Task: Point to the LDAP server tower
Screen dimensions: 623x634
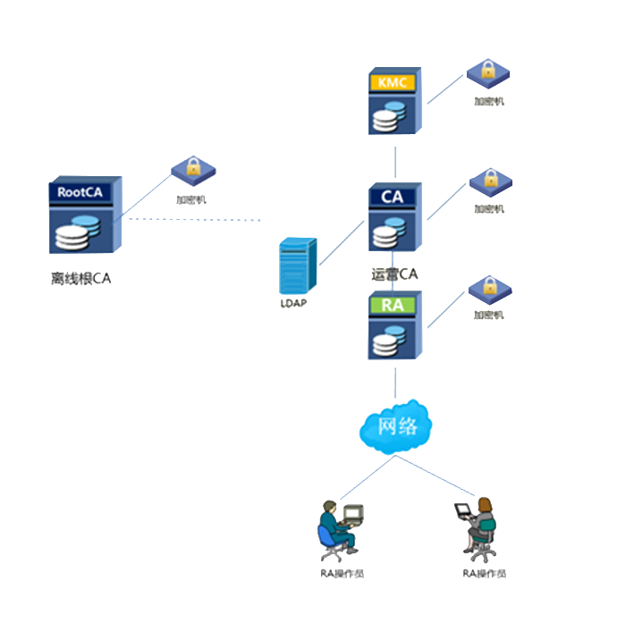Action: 298,265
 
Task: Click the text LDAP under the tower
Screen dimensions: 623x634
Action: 293,304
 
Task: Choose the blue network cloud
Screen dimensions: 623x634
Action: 395,427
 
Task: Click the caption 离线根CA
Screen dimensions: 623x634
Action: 81,279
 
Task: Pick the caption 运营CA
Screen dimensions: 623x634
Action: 394,274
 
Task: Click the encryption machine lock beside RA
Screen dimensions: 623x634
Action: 489,289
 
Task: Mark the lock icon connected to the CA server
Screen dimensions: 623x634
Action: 490,181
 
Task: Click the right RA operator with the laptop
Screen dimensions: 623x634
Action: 478,528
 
